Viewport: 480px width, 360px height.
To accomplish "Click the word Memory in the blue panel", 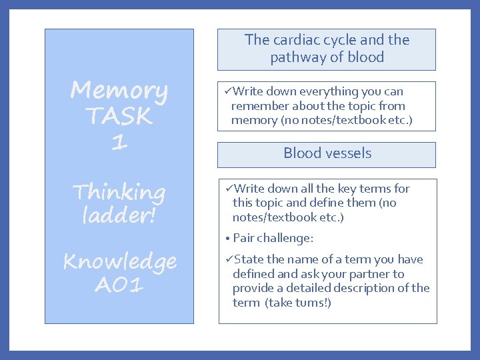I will click(119, 90).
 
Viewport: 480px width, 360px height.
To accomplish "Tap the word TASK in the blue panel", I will click(119, 116).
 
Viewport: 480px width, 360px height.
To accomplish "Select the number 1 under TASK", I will click(119, 141).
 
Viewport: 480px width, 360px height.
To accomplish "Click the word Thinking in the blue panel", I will click(119, 193).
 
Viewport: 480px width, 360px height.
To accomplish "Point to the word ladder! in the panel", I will click(119, 216).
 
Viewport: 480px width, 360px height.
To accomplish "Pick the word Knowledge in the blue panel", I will click(119, 262).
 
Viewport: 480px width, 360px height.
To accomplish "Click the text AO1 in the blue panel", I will click(119, 285).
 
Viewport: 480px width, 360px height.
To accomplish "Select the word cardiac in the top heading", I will click(297, 40).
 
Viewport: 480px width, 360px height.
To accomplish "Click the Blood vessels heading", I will click(327, 153).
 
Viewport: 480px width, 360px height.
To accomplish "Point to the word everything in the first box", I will click(328, 91).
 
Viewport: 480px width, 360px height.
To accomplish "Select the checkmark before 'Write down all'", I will click(229, 189).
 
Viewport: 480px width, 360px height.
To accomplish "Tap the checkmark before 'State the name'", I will click(229, 259).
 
